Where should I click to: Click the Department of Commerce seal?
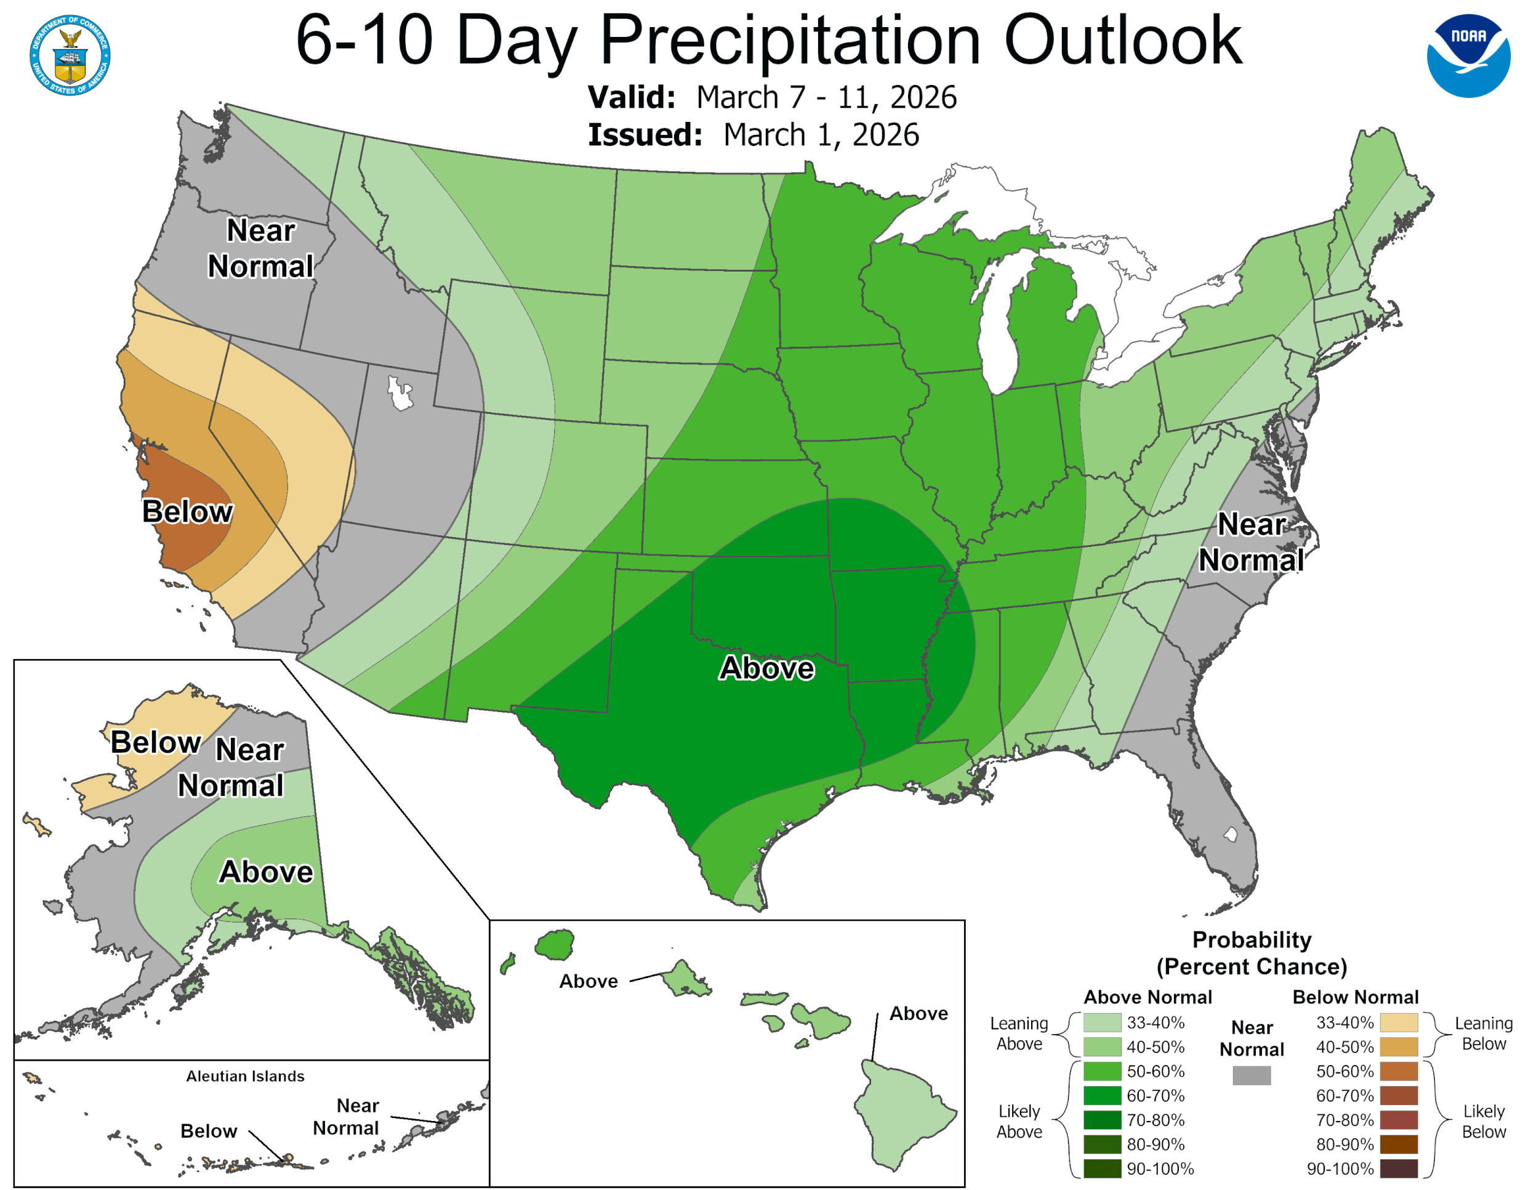pos(70,55)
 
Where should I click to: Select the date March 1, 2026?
pos(821,135)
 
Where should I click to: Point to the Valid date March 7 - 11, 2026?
pos(826,97)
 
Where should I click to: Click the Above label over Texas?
pos(766,668)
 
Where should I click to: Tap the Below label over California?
pos(187,511)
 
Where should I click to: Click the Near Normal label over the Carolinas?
pos(1251,542)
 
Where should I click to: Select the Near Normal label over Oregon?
pos(261,248)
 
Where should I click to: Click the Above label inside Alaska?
pos(266,872)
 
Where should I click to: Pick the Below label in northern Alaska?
pos(156,742)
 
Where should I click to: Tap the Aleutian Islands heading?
pos(245,1076)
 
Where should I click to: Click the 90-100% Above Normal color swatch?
pos(1102,1168)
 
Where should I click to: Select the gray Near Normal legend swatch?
pos(1251,1075)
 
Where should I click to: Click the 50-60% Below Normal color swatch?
pos(1398,1071)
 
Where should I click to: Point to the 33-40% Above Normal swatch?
pos(1102,1022)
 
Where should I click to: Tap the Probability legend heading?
pos(1251,952)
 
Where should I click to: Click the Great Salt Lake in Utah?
pos(400,394)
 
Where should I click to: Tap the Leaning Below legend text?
pos(1484,1033)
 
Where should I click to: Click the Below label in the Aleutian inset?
pos(209,1131)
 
